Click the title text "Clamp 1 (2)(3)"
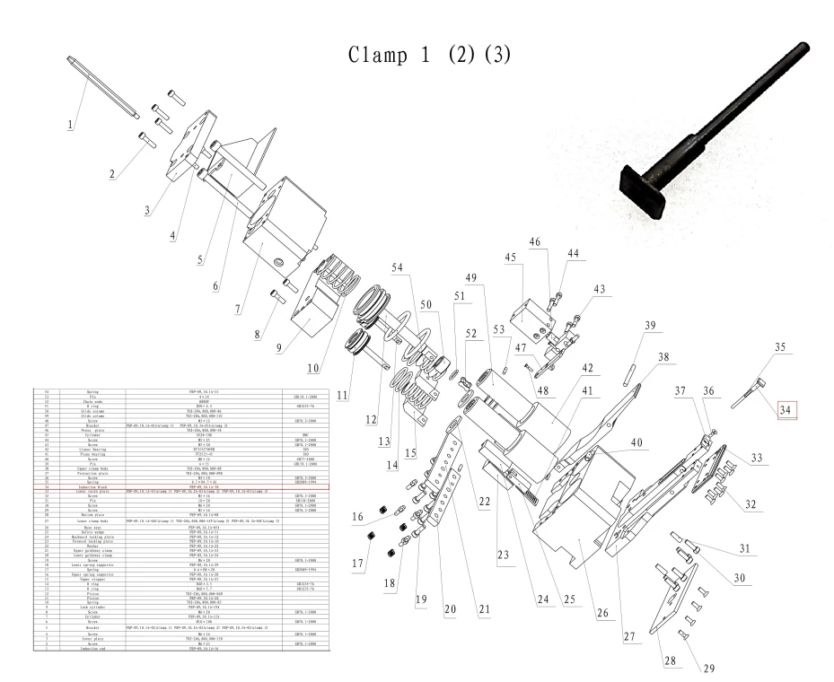tap(435, 53)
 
